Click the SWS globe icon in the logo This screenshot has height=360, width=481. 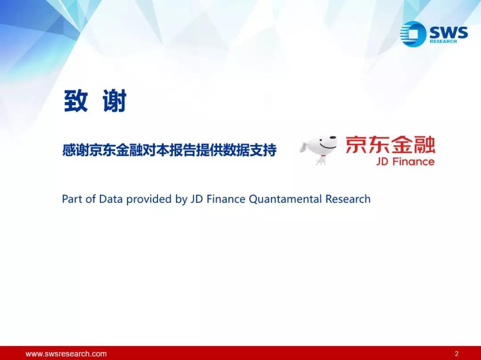[x=413, y=34]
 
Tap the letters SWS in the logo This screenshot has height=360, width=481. [x=449, y=32]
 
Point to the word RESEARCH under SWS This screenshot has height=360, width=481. [x=443, y=41]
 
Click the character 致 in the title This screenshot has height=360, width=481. [x=76, y=101]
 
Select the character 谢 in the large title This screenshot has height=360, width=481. [x=115, y=101]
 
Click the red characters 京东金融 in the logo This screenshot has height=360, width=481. [x=390, y=145]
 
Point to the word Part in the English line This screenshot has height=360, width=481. [x=73, y=199]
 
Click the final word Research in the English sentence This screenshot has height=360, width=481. [x=348, y=199]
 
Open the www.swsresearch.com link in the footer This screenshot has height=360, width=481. [x=66, y=354]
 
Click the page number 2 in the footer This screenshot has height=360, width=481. [x=457, y=354]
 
